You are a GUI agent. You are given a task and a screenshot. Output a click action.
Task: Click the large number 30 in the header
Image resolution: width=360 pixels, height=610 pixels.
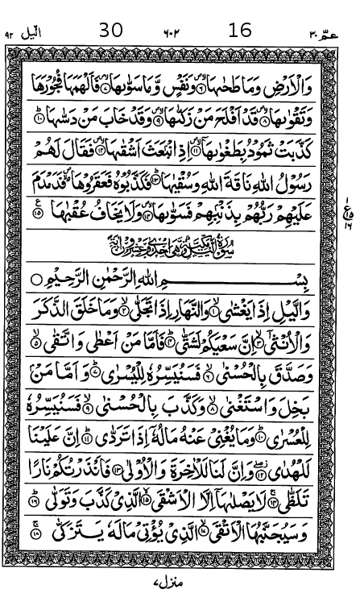coord(111,31)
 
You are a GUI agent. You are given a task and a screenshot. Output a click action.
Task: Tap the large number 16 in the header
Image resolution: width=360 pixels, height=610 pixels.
coord(240,31)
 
